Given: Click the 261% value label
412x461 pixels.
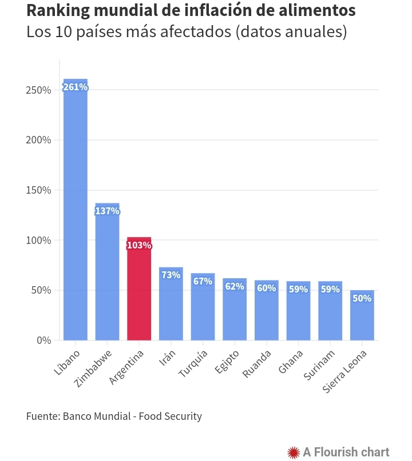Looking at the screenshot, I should [75, 87].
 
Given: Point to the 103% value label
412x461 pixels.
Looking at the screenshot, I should [139, 246].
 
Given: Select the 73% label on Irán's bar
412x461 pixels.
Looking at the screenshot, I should [171, 275].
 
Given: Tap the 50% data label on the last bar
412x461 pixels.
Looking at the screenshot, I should [362, 298].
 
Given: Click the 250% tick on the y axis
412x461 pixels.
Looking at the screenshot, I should [39, 90].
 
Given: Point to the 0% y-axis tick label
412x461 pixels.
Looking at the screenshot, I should [44, 340].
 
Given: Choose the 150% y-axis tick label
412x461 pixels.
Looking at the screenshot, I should [39, 190].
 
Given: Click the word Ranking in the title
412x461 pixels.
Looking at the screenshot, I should [57, 11].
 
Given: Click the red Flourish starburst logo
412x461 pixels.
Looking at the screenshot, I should [294, 452].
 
